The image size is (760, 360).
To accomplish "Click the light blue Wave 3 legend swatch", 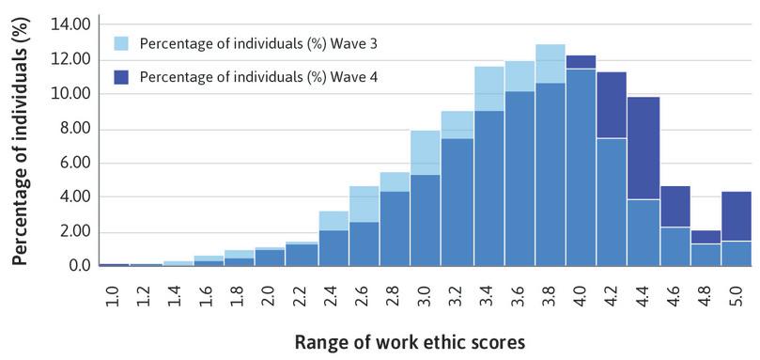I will click(x=121, y=43).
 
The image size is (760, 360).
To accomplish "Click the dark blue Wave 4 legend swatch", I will click(x=121, y=75).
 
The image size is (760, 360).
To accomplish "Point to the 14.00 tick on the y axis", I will click(x=72, y=23).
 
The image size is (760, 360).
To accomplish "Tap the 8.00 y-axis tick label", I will click(x=75, y=129).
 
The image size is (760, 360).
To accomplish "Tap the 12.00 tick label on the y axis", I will click(x=72, y=59).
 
